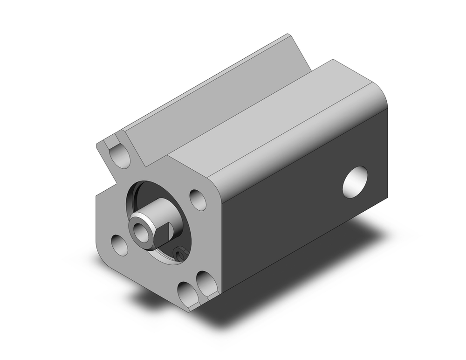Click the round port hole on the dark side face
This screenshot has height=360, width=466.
[x=355, y=181]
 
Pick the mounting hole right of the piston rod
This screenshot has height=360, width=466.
[x=198, y=200]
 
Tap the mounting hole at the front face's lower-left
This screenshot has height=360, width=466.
[x=119, y=245]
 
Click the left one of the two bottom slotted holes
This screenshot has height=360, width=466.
[x=187, y=293]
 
